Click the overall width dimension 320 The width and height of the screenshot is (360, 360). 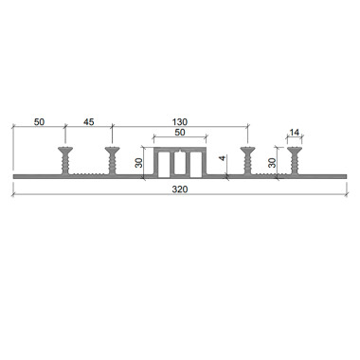click(x=180, y=189)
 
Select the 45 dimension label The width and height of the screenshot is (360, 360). click(x=89, y=122)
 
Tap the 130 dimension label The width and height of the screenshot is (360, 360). click(x=180, y=122)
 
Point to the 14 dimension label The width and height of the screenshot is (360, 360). click(x=295, y=133)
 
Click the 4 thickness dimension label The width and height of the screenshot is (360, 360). click(x=223, y=158)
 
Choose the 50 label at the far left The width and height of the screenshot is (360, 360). click(x=39, y=122)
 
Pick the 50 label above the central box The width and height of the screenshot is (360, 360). click(x=180, y=133)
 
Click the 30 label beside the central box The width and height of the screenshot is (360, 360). click(x=138, y=163)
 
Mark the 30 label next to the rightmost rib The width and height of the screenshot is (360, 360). click(x=272, y=163)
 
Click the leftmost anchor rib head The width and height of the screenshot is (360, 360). click(x=65, y=150)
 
